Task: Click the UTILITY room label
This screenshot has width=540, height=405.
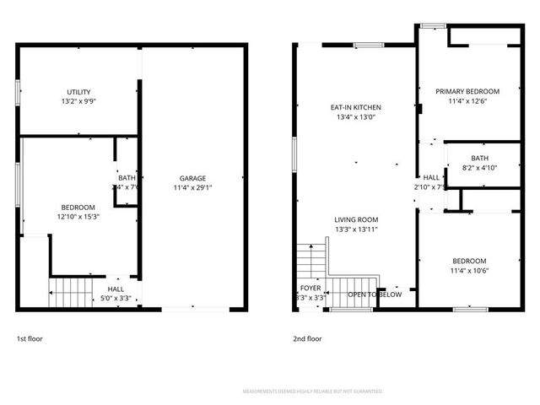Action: [79, 92]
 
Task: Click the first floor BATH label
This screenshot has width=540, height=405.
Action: [127, 177]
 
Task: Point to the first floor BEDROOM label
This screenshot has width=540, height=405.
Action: [78, 208]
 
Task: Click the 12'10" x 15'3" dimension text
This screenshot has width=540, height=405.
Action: [78, 217]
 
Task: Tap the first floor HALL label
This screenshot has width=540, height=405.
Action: [116, 289]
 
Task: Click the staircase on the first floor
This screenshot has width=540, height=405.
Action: [70, 294]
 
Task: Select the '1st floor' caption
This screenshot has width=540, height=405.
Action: [30, 338]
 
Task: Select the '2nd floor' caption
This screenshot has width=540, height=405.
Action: [308, 338]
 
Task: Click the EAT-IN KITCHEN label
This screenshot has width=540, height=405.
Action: [355, 108]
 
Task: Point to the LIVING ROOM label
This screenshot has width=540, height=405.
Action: [355, 219]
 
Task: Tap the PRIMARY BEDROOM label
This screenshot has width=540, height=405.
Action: [467, 91]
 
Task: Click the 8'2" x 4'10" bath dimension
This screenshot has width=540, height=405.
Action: [479, 168]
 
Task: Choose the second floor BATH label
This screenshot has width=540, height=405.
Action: [479, 158]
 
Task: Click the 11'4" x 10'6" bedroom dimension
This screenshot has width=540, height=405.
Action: [468, 271]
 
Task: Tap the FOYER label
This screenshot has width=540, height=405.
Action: [310, 289]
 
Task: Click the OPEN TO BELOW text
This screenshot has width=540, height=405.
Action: [375, 294]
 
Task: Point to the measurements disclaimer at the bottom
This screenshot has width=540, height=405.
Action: [312, 391]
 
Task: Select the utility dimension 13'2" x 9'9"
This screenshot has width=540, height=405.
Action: [79, 101]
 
